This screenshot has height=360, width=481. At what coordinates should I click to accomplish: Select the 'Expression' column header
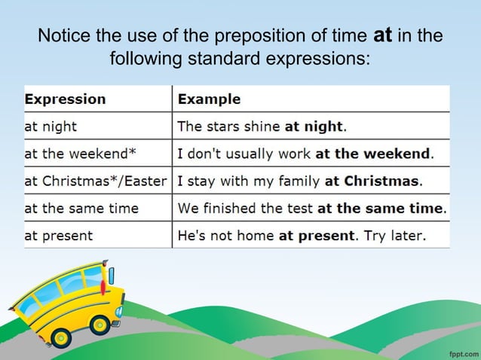66,99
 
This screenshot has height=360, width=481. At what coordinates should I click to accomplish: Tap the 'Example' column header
209,99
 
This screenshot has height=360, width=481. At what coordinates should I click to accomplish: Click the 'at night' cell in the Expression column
51,127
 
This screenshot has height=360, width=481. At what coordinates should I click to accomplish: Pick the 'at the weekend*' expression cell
81,154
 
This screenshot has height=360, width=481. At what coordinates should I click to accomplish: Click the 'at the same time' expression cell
83,209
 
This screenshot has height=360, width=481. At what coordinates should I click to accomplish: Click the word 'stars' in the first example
224,127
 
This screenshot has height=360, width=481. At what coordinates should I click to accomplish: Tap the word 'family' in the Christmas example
299,182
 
